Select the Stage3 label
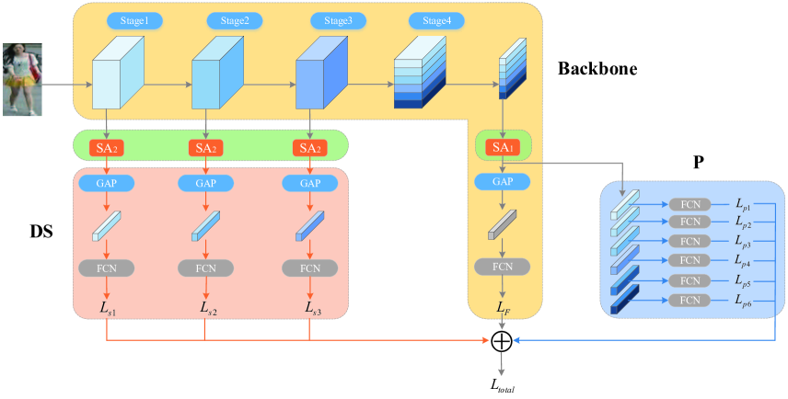click(331, 19)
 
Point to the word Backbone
click(597, 69)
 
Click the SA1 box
click(502, 147)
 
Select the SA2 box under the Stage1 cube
click(107, 147)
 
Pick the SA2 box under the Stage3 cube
click(310, 147)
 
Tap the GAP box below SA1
click(502, 182)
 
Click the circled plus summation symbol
click(502, 342)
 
